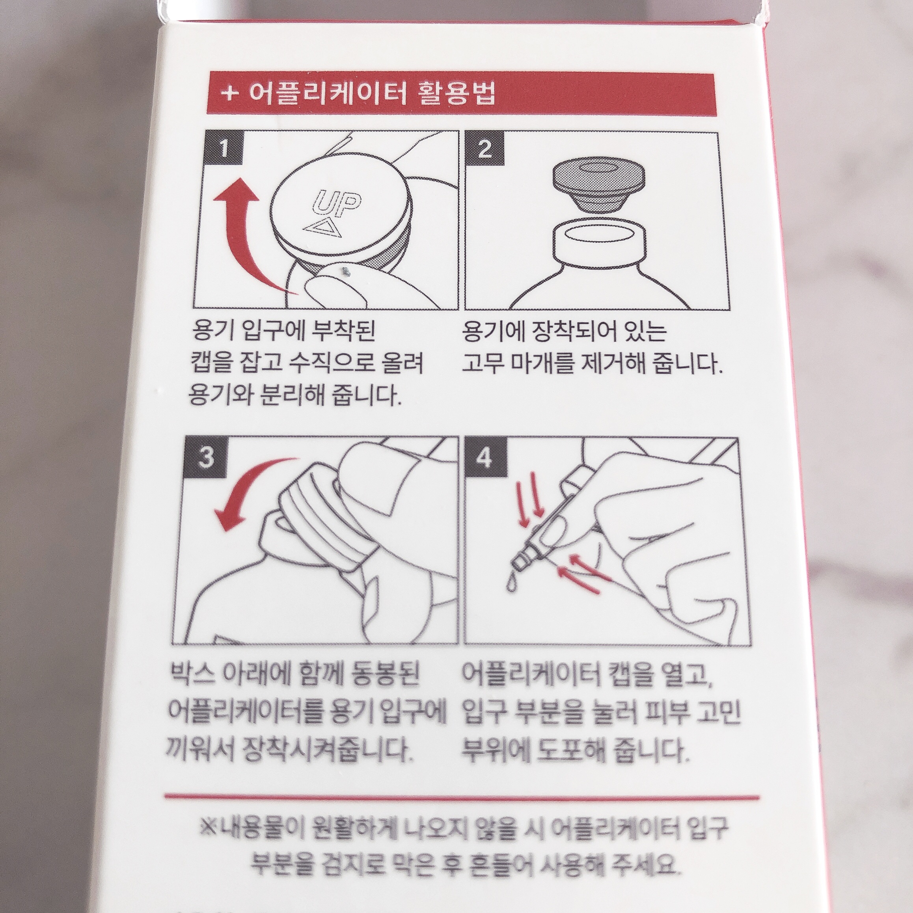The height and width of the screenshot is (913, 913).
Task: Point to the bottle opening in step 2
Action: coord(599,235)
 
